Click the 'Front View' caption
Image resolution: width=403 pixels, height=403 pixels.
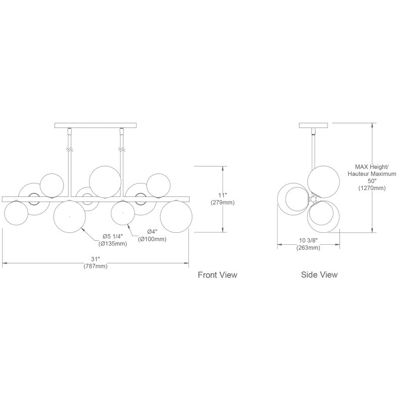(x=218, y=275)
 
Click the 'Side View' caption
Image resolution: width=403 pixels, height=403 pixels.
(x=319, y=275)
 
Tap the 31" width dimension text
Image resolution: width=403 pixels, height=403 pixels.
(x=95, y=258)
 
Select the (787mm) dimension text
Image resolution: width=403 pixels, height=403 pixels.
(x=95, y=266)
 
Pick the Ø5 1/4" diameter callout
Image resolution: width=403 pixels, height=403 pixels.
(x=112, y=236)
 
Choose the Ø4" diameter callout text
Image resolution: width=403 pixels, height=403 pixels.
(x=152, y=231)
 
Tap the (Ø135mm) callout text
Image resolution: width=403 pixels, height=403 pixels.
(x=112, y=244)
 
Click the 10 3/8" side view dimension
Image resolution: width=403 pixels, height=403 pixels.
(x=308, y=240)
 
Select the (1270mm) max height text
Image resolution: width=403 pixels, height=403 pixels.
(x=372, y=188)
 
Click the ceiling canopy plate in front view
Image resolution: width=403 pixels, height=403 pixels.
(x=96, y=125)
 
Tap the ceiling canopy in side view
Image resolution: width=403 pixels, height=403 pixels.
(x=313, y=125)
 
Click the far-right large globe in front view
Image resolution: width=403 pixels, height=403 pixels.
(x=176, y=217)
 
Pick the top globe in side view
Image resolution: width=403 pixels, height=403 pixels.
(x=323, y=182)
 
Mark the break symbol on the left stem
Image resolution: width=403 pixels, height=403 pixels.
(x=70, y=149)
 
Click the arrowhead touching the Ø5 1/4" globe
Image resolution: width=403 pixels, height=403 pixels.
(x=83, y=230)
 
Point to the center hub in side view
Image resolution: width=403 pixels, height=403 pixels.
(x=313, y=199)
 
